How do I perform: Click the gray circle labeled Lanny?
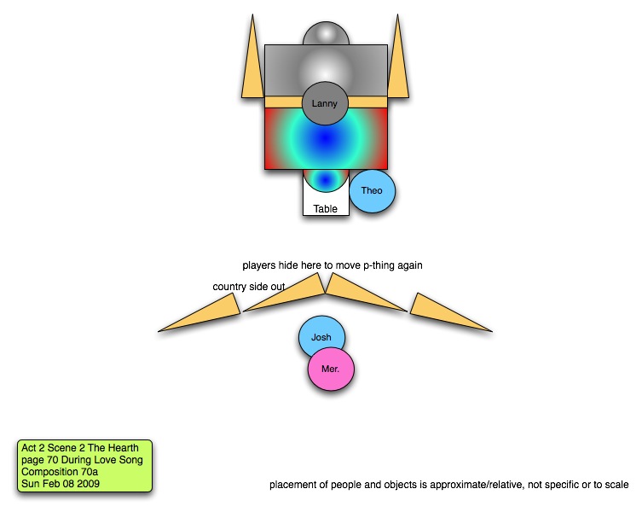tap(325, 104)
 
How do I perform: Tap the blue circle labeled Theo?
tap(372, 191)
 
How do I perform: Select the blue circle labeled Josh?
tap(321, 338)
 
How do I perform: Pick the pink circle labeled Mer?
tap(331, 371)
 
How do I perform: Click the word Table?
tap(326, 209)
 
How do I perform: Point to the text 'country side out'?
tap(249, 287)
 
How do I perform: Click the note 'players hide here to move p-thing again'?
tap(333, 265)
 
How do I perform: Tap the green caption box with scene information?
tap(84, 466)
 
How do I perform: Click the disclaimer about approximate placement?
tap(449, 486)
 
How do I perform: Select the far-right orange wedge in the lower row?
tap(448, 314)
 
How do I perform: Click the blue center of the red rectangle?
tap(326, 137)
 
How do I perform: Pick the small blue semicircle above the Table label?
tap(326, 179)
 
